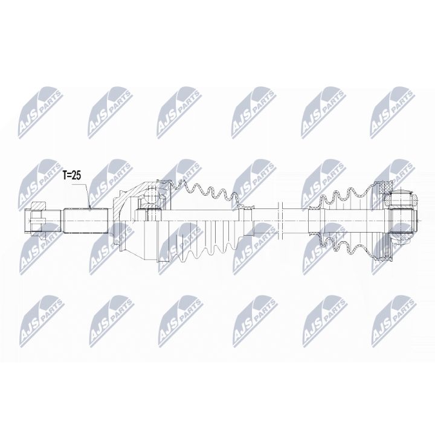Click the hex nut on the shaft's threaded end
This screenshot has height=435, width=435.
pos(37,217)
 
